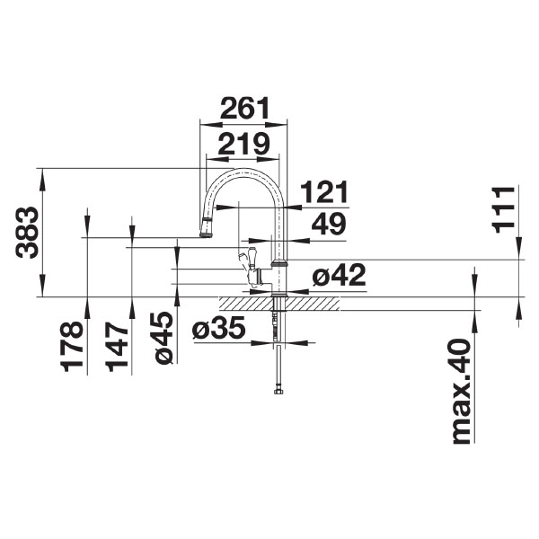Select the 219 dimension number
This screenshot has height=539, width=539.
242,144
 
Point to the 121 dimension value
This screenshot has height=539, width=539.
323,192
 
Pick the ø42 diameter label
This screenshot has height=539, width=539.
339,277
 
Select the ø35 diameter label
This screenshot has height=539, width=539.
218,331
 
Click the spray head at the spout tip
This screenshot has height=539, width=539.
206,227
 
